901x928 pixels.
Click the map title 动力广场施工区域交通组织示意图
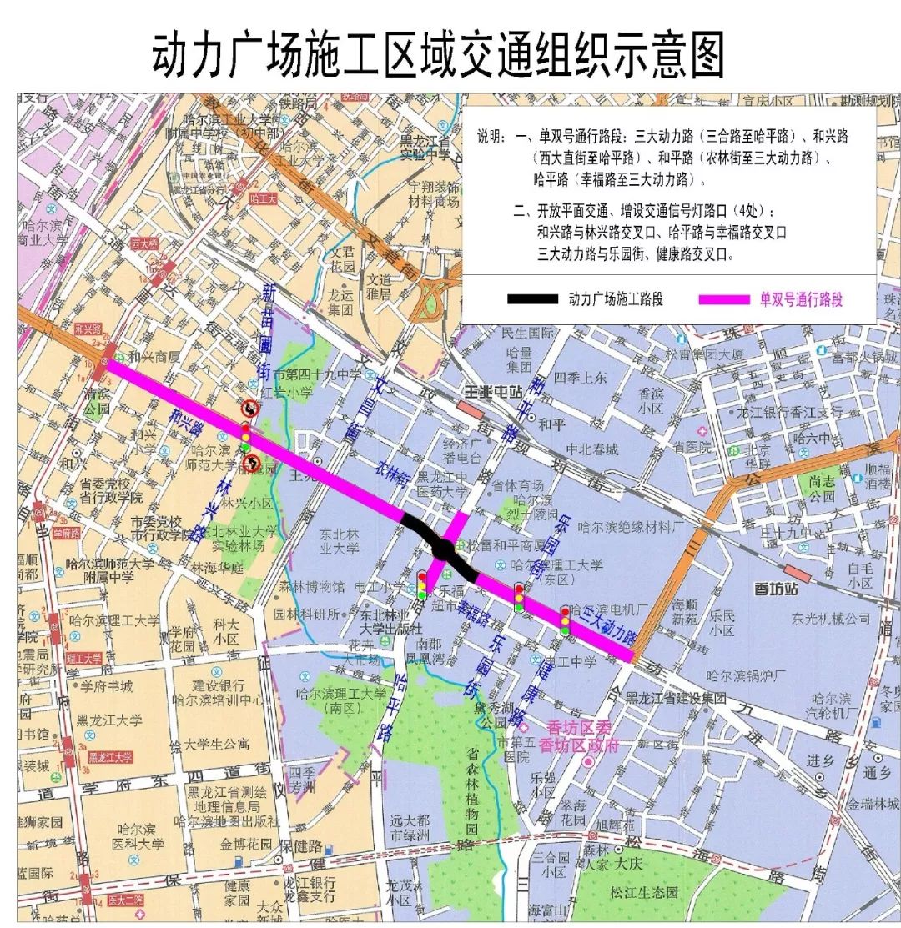point(437,57)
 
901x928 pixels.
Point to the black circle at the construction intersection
point(444,550)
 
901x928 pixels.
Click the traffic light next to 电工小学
point(422,584)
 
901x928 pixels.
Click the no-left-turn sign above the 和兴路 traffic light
point(249,409)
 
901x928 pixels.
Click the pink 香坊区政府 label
point(579,745)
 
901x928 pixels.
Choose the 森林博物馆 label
point(312,587)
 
